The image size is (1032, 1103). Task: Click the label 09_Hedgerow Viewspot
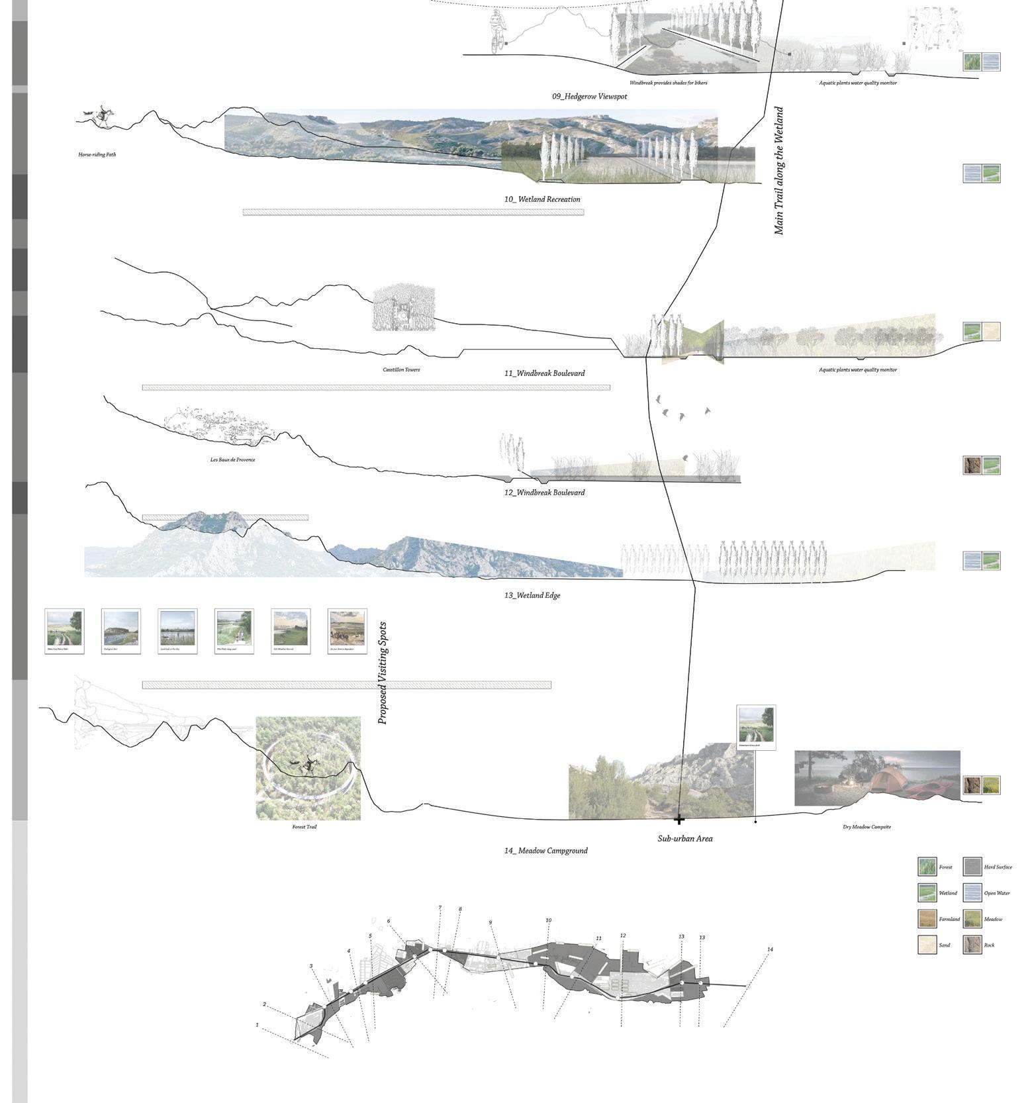click(589, 97)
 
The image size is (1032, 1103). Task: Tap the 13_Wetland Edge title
click(532, 595)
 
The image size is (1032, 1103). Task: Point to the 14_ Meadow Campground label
click(545, 850)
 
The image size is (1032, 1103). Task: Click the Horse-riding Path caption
click(97, 155)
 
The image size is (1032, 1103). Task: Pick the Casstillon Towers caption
click(400, 369)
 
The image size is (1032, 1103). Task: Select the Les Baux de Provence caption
click(232, 459)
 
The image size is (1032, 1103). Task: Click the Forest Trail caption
click(305, 827)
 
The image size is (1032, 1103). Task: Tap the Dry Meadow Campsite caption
click(867, 827)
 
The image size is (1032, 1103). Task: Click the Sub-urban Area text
click(684, 838)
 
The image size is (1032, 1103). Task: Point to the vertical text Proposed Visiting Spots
click(383, 673)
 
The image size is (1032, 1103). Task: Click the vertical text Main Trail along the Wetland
click(778, 171)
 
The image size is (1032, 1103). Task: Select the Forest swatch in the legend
click(927, 867)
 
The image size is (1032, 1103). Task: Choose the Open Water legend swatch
click(972, 893)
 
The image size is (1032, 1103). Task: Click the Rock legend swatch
click(972, 945)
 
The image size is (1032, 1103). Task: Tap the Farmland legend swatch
click(927, 919)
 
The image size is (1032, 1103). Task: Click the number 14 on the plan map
click(770, 949)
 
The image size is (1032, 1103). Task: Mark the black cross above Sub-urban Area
click(679, 820)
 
